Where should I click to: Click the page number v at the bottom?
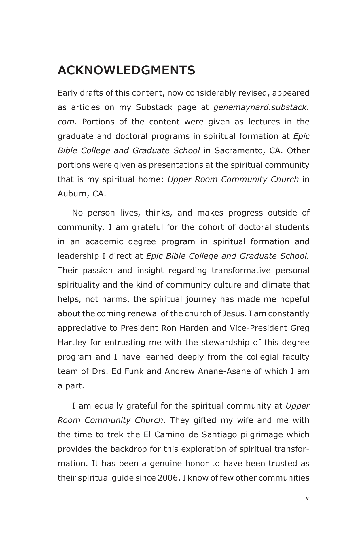307,498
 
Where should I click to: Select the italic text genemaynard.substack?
261,107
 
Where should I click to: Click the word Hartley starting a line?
72,343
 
